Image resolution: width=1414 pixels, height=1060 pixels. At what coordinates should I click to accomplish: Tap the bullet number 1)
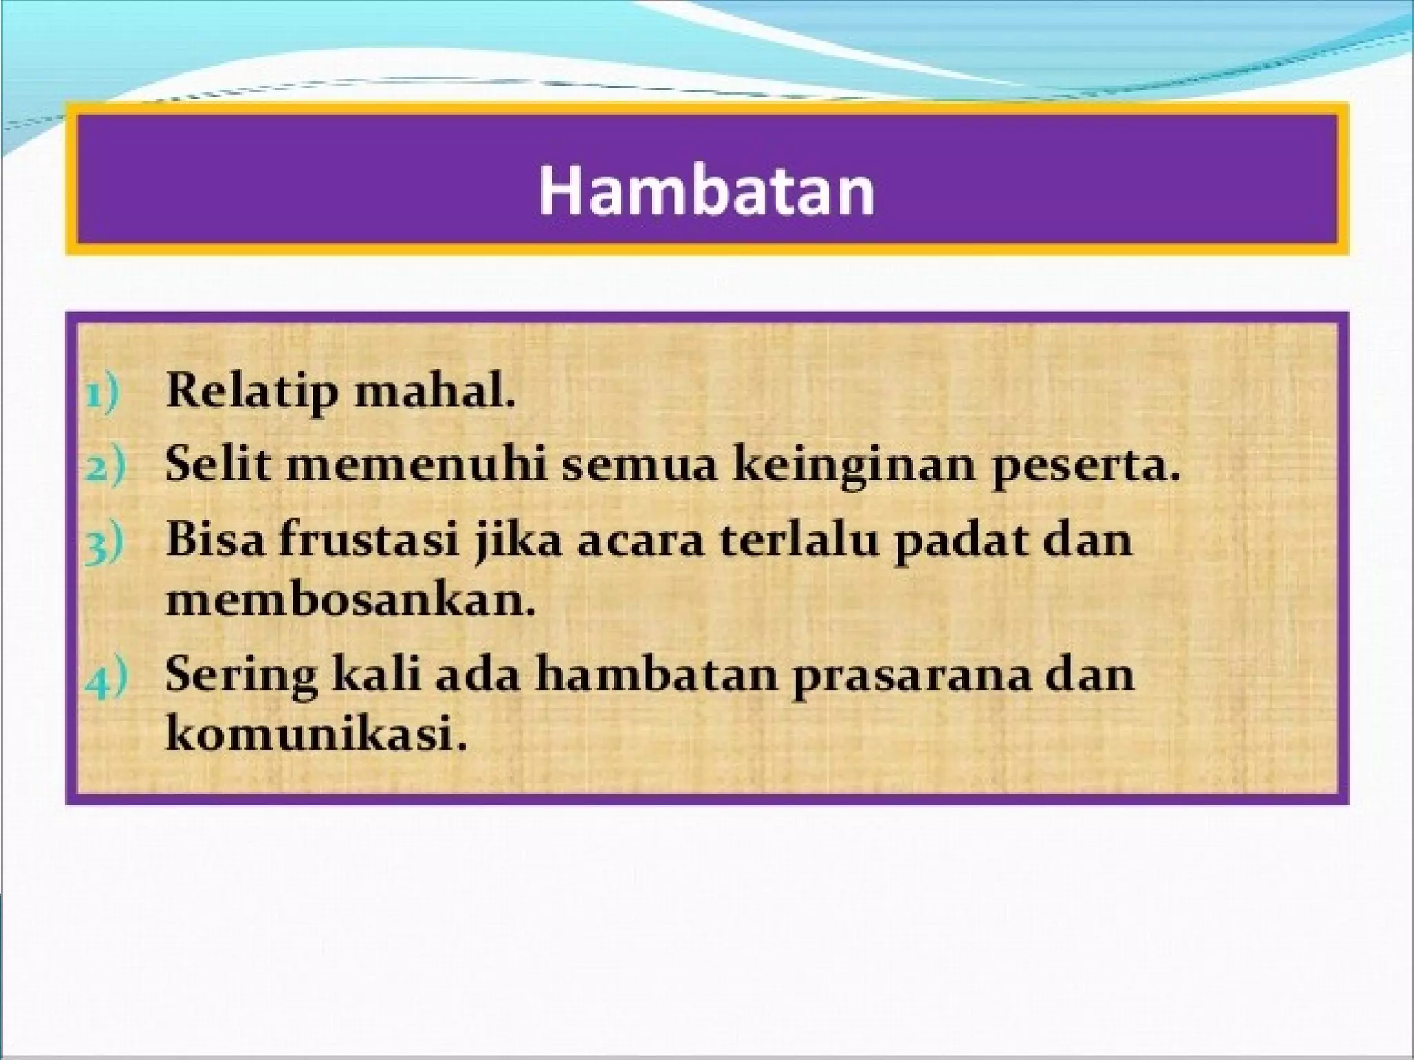[x=103, y=393]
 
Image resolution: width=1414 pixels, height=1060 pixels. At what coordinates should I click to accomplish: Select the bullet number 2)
[x=104, y=467]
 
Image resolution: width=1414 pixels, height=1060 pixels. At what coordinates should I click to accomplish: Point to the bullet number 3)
[x=104, y=542]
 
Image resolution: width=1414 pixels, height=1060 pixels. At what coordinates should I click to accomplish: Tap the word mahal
[x=435, y=391]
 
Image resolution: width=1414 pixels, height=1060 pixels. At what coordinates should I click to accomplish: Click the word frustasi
[x=369, y=539]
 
